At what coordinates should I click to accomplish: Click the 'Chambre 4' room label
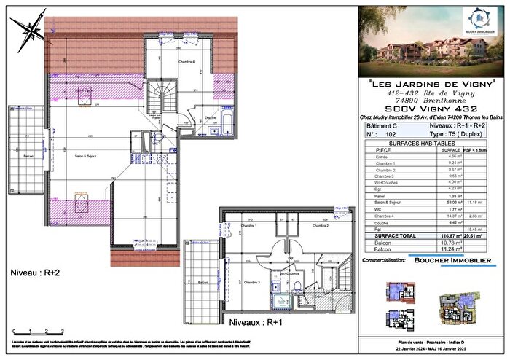[x=192, y=63]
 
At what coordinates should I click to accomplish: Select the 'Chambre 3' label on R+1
[x=252, y=281]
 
